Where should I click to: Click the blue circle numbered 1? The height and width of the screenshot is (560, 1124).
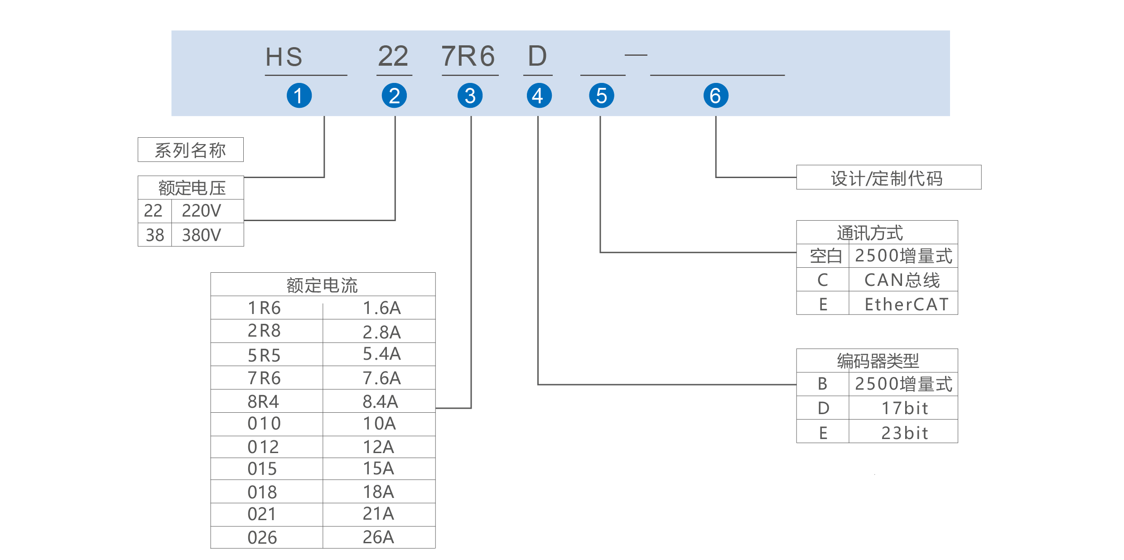click(x=299, y=96)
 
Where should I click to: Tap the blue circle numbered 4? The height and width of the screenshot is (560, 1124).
click(x=539, y=96)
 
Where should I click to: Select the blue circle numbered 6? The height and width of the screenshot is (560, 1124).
click(x=715, y=96)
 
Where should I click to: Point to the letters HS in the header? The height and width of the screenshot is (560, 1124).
click(x=284, y=57)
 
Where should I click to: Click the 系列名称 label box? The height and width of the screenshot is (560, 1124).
click(x=190, y=150)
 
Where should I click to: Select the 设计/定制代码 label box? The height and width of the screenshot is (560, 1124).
click(x=888, y=178)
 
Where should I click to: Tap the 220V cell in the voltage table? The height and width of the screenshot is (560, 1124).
click(x=202, y=211)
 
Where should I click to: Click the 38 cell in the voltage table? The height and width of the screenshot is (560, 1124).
click(x=154, y=235)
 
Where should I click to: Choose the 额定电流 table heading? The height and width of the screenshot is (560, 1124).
click(x=322, y=285)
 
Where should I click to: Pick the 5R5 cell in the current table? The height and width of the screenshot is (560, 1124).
click(x=264, y=355)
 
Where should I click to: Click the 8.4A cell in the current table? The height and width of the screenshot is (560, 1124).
click(x=380, y=401)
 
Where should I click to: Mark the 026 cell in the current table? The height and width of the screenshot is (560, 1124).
click(x=262, y=537)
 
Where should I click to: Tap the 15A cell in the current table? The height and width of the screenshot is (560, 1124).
click(x=378, y=468)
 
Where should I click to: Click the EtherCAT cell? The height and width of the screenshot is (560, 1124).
click(x=906, y=304)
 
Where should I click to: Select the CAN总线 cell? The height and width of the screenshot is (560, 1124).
click(x=902, y=280)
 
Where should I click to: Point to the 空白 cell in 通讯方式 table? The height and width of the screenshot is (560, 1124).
click(x=825, y=256)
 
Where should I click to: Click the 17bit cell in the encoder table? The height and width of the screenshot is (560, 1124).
click(x=904, y=408)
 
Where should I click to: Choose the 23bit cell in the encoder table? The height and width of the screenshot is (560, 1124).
click(x=904, y=433)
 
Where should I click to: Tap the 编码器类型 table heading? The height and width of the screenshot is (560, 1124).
click(x=878, y=361)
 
